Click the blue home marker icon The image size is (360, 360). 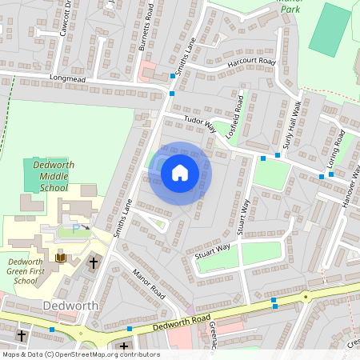coord(180,173)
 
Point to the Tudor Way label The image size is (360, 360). coord(200,125)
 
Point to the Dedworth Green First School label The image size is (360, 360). coord(30,271)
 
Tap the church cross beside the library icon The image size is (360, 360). coord(93,262)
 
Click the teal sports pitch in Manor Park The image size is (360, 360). coord(330,29)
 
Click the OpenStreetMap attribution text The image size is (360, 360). coord(80,354)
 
